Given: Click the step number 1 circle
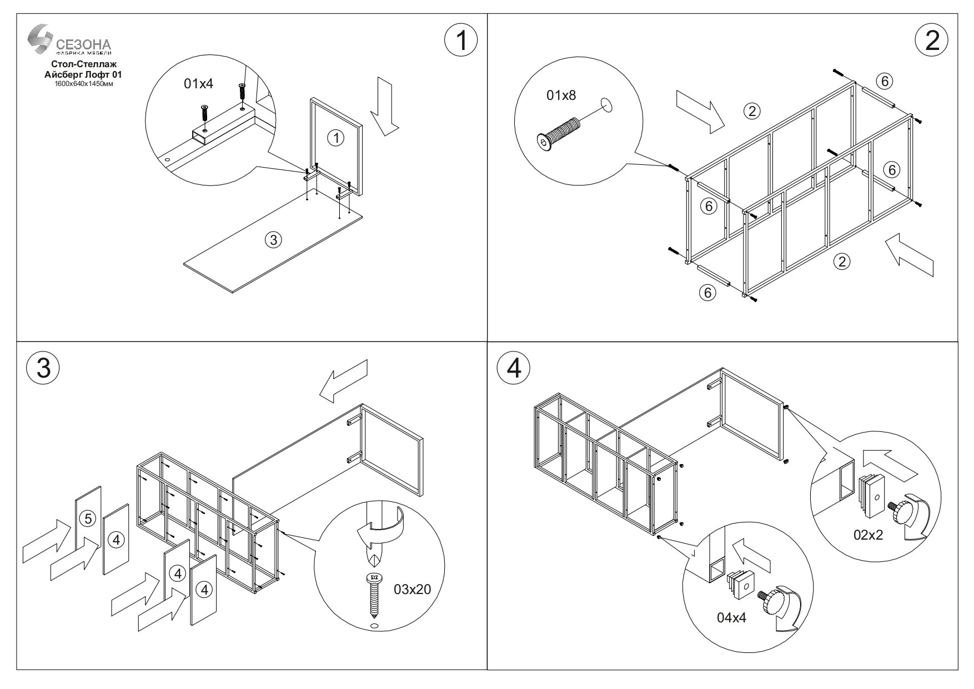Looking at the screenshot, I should (461, 40).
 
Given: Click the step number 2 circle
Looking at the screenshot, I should (932, 40).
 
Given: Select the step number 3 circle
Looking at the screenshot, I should (43, 368).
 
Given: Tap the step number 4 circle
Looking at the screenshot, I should (514, 368).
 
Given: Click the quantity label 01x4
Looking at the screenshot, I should (198, 84).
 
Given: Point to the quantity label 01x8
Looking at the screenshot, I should (561, 95).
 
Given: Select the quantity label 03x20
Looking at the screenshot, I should (412, 590).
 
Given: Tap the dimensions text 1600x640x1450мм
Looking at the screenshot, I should (84, 83).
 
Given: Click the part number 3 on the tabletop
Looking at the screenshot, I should (273, 240).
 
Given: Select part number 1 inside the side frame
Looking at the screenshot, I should (335, 138).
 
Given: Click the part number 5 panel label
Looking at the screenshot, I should (87, 519).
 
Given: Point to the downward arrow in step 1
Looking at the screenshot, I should (384, 105).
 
